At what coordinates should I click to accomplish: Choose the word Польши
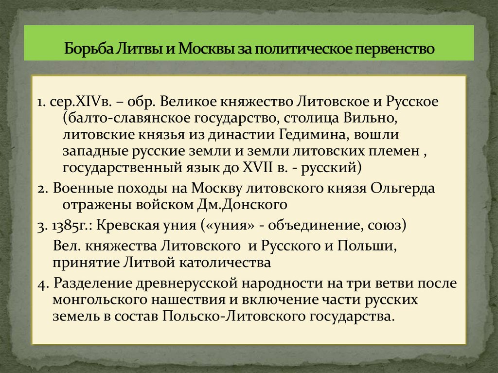[370, 246]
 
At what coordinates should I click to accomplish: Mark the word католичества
[226, 263]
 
